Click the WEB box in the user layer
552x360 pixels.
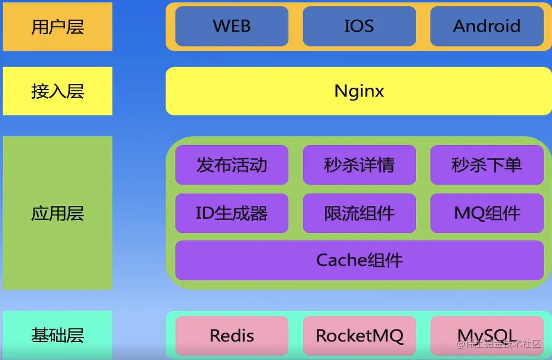pos(231,26)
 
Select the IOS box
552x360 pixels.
pos(359,26)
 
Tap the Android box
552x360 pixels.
pos(486,26)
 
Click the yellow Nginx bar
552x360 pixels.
pos(359,91)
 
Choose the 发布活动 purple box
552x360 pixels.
pos(231,165)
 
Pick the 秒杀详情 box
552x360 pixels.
pos(359,165)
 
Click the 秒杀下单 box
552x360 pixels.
pos(486,165)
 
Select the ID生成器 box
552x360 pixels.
pos(231,213)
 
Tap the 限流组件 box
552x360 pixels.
pos(359,213)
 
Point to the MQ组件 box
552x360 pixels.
pos(486,213)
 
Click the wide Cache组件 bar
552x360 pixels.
pos(359,260)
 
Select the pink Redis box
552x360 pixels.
pos(231,336)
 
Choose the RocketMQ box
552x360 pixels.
pos(359,336)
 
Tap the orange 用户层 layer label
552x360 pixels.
pos(57,27)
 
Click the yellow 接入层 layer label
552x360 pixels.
pos(57,91)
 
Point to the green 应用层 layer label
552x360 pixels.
pos(57,213)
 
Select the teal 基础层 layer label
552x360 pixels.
pos(57,335)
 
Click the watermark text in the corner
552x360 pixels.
pos(499,345)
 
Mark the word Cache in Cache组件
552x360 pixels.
pos(341,260)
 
